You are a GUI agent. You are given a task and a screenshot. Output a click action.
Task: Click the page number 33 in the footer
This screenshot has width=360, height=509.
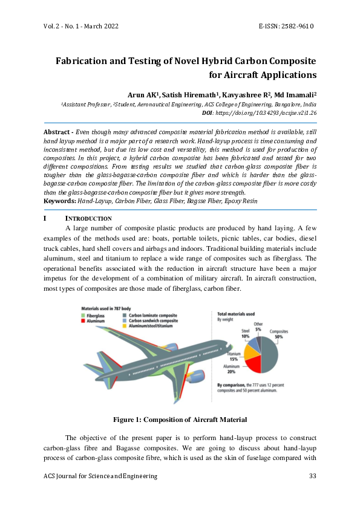click(313, 476)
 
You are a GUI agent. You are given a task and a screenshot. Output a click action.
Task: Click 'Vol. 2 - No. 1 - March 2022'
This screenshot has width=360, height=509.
click(80, 26)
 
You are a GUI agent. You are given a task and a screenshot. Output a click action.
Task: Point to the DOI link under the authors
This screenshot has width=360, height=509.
click(267, 112)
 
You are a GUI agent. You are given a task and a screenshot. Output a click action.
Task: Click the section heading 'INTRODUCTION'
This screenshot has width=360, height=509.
click(88, 218)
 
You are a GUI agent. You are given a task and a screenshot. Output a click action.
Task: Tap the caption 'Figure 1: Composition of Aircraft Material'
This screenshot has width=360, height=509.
click(180, 420)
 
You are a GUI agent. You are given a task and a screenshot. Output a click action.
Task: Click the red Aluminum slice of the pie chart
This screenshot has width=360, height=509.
click(251, 364)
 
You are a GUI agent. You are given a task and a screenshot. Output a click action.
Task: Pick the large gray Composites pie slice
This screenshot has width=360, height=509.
click(270, 354)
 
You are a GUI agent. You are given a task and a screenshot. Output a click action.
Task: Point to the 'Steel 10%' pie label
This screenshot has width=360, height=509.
click(245, 333)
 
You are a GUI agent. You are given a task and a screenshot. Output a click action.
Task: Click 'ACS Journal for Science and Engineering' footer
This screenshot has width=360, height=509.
click(100, 476)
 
